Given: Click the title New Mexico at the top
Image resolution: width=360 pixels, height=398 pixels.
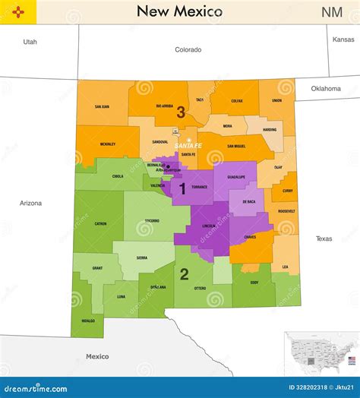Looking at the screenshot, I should click(x=179, y=11).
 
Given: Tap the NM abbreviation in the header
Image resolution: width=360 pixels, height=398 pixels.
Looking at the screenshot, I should click(x=331, y=12).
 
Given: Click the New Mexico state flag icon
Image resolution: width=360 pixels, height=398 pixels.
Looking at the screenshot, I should click(x=12, y=12).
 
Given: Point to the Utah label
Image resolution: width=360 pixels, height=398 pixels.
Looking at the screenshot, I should click(x=30, y=42).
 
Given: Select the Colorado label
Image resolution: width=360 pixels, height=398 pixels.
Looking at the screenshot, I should click(x=188, y=49).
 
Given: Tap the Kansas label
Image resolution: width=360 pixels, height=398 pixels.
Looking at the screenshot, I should click(x=343, y=39).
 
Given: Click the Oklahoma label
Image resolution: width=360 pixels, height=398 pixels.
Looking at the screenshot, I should click(x=326, y=88).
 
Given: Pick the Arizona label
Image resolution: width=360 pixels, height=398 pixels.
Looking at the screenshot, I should click(x=30, y=203).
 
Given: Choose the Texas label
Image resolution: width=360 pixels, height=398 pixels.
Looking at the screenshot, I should click(x=324, y=238).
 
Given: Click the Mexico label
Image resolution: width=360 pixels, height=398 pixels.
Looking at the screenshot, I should click(x=97, y=356).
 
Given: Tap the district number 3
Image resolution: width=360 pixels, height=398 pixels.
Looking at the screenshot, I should click(x=181, y=112).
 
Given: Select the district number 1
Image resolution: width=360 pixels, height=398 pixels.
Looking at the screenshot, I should click(x=182, y=188).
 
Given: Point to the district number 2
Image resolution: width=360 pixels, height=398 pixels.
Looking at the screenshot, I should click(x=184, y=274).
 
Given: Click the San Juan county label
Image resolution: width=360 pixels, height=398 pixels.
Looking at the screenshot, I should click(x=102, y=107).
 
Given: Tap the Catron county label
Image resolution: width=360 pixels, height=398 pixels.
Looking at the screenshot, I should click(x=101, y=224).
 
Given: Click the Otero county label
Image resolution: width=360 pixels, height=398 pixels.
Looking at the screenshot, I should click(x=201, y=289).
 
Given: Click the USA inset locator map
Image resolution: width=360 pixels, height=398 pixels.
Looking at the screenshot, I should click(x=320, y=353).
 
